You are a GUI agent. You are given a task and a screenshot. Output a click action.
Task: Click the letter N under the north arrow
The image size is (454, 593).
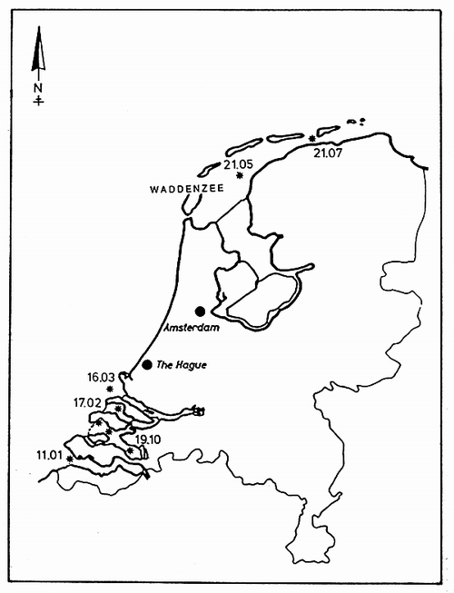click(38, 88)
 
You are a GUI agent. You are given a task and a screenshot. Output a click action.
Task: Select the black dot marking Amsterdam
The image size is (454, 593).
click(200, 311)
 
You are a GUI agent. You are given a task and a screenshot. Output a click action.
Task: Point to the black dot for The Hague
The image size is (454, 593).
click(147, 365)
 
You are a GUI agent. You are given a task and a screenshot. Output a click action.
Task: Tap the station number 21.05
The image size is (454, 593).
click(236, 163)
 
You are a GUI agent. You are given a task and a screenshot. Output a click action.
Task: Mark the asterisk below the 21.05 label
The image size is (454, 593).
click(240, 175)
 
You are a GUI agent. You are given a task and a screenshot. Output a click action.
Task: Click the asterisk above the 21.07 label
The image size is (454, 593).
click(312, 138)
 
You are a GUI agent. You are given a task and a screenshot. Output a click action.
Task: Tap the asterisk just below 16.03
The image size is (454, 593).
click(110, 389)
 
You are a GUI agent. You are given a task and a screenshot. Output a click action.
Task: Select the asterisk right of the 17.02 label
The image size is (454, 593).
click(118, 408)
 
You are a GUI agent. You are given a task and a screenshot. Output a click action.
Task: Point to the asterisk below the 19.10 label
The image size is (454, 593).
click(131, 450)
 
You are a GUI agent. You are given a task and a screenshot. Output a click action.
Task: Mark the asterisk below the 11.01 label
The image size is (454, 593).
click(69, 459)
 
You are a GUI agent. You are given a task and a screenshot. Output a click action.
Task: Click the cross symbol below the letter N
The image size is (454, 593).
click(38, 101)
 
